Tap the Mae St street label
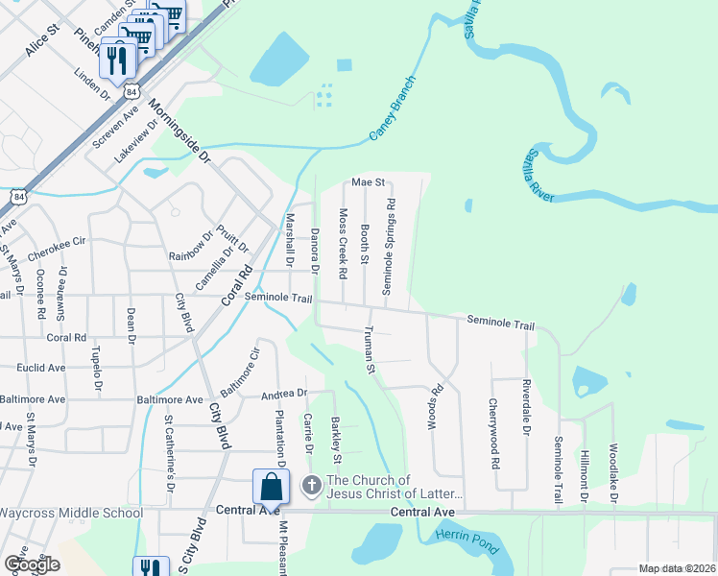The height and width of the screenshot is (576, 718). point(368,181)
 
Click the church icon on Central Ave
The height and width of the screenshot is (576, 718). point(311,486)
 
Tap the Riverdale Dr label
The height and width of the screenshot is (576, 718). point(525,408)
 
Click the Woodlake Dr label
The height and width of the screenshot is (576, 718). point(612,473)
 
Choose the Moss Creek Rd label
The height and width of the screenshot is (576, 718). point(342,244)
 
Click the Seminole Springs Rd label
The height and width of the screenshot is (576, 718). point(389,247)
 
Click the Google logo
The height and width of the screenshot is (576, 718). point(31,564)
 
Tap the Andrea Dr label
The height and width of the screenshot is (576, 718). point(284,394)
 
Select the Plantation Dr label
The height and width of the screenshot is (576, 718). point(281,438)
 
